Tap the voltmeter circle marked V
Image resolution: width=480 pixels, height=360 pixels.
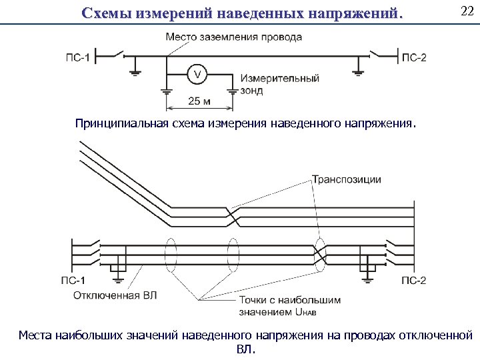pos(197,74)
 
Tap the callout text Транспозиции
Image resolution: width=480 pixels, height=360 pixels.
pos(347,179)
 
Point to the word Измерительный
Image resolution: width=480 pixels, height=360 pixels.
pos(281,78)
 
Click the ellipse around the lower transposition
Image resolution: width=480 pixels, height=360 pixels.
pos(321,255)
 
